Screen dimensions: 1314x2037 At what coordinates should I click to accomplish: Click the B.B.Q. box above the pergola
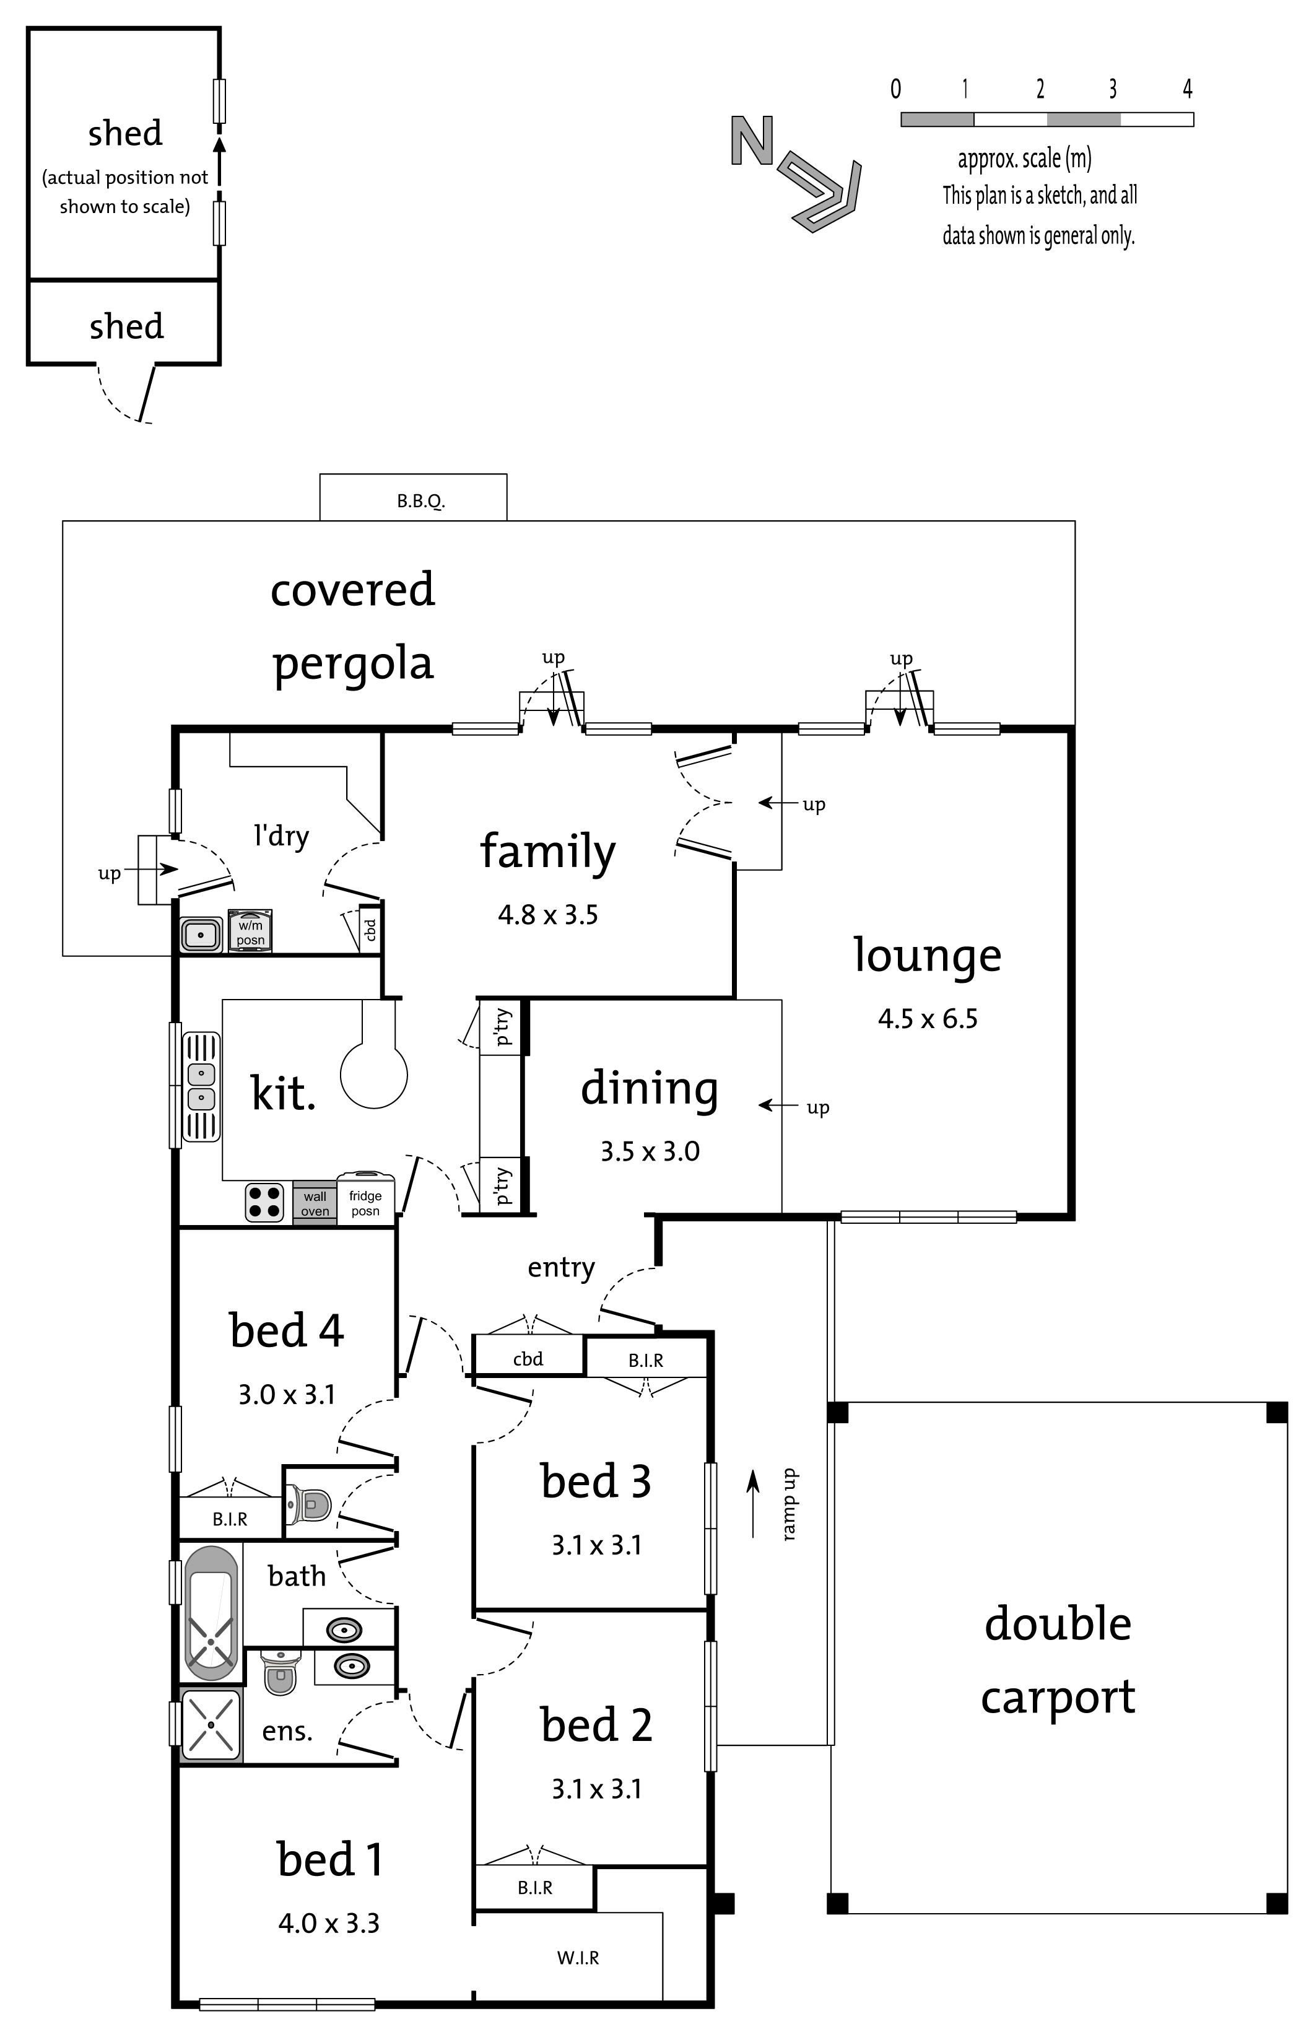coord(413,497)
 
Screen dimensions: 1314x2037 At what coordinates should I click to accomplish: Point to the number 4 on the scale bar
coord(1187,88)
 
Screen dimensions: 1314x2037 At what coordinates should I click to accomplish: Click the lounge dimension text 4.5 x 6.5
coord(928,1018)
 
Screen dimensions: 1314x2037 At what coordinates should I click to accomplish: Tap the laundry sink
coord(201,933)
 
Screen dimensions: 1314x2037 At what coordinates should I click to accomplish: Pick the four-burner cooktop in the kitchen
coord(264,1202)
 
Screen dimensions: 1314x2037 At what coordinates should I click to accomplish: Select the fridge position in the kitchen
coord(365,1198)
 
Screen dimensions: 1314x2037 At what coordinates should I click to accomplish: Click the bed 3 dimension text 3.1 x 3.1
coord(596,1545)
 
